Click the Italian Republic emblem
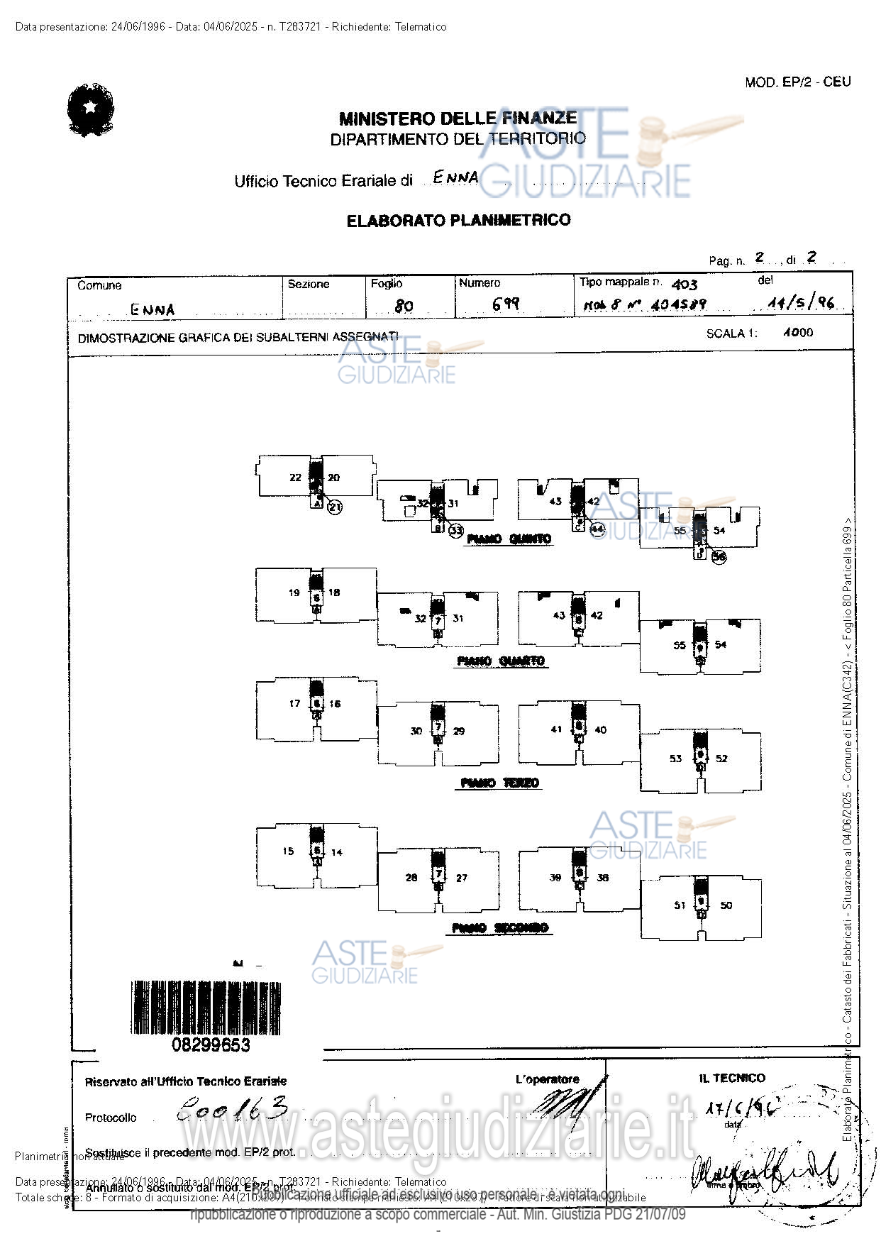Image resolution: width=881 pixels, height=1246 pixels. [90, 110]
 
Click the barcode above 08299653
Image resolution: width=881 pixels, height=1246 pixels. [206, 1008]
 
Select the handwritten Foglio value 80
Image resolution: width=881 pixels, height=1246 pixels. [404, 306]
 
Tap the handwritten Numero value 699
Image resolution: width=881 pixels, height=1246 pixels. [506, 304]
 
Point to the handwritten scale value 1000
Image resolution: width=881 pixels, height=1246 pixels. [798, 332]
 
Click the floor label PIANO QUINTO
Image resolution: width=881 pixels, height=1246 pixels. [509, 539]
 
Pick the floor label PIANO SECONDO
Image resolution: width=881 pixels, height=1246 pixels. [500, 928]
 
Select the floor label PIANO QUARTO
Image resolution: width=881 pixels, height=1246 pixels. [501, 661]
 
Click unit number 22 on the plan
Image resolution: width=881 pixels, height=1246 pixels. [295, 478]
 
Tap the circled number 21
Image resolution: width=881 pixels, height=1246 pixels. [335, 507]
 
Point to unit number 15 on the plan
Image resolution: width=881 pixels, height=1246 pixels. [288, 851]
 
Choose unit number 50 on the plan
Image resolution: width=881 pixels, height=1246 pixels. [726, 905]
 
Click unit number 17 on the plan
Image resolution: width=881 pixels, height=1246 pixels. [294, 703]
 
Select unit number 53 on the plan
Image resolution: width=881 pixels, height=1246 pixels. [675, 759]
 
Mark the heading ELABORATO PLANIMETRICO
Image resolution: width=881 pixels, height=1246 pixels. [458, 221]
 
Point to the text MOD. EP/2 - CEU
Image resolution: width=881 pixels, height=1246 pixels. [797, 82]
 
